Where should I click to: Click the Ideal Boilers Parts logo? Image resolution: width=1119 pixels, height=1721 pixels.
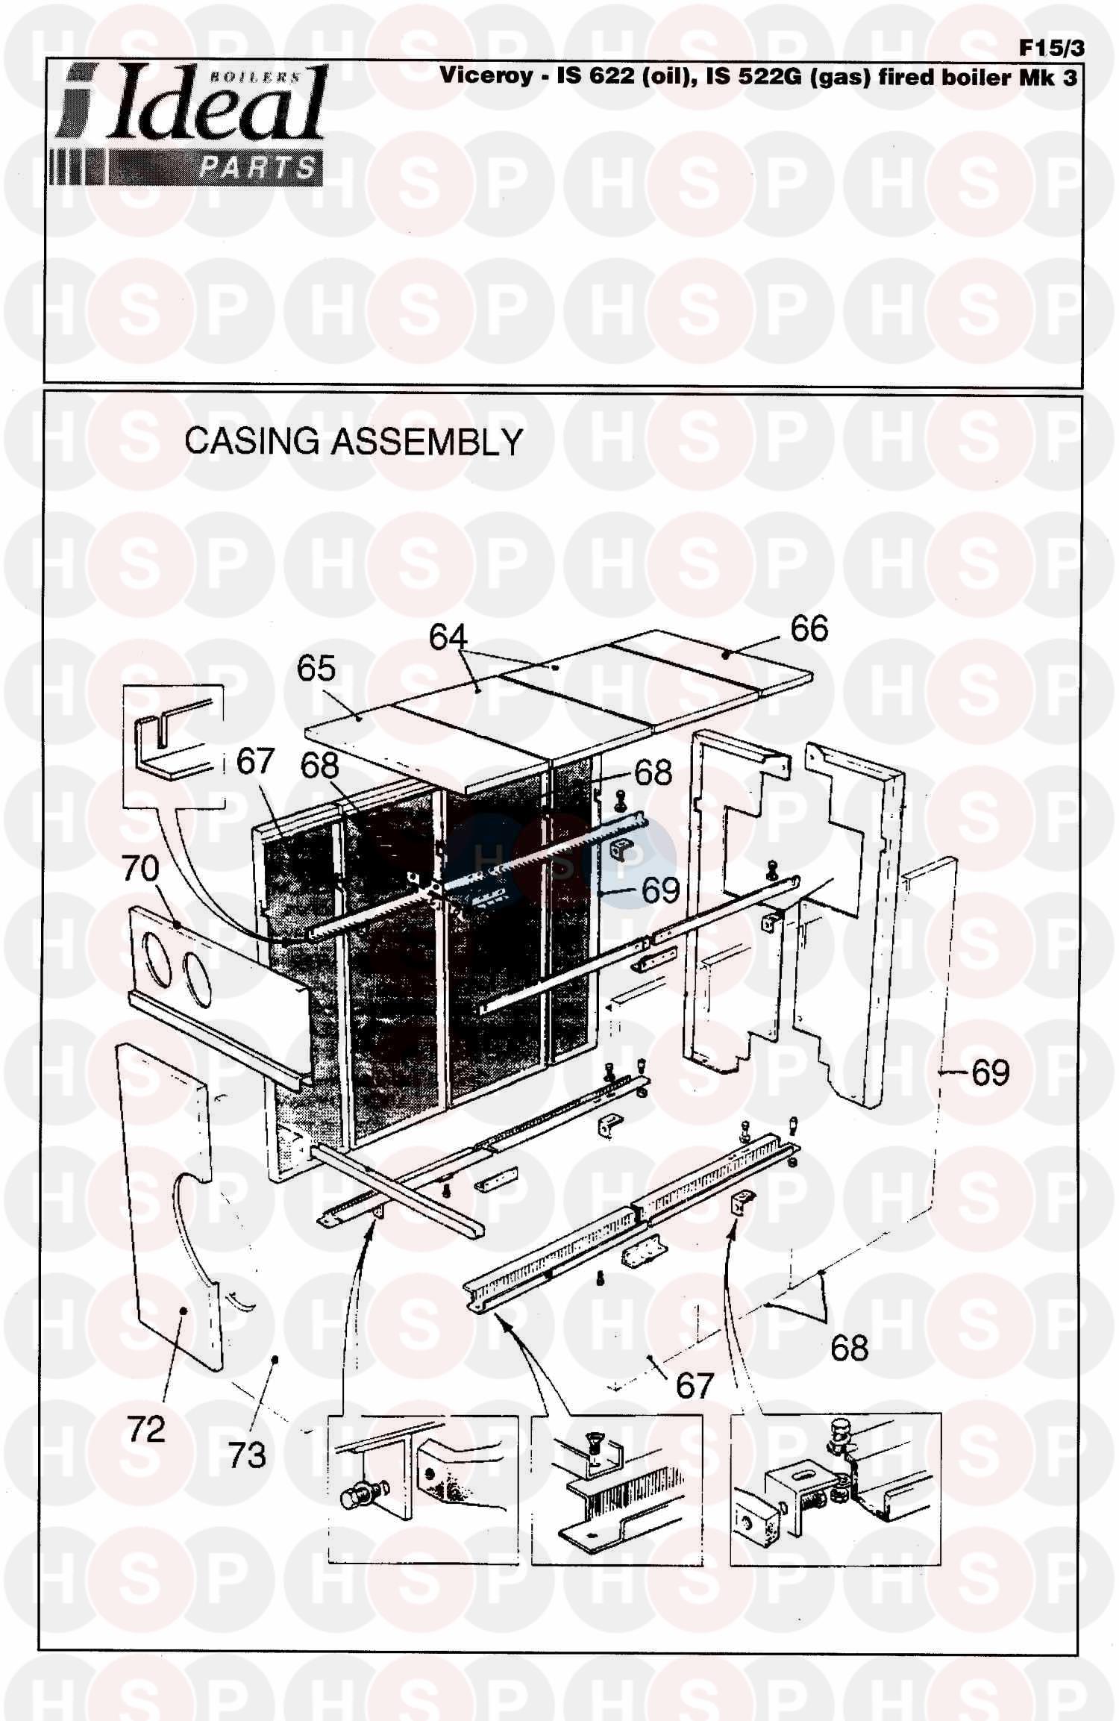pyautogui.click(x=187, y=124)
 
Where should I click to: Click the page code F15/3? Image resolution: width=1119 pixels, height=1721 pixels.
pyautogui.click(x=1052, y=49)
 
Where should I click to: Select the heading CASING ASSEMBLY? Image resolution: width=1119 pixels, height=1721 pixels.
pyautogui.click(x=354, y=441)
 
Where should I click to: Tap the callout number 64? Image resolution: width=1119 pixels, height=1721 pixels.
pyautogui.click(x=448, y=637)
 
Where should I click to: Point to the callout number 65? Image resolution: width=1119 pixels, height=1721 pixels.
pyautogui.click(x=316, y=669)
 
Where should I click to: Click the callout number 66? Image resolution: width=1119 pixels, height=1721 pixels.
pyautogui.click(x=809, y=629)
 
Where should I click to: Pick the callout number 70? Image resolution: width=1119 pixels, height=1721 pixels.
pyautogui.click(x=141, y=869)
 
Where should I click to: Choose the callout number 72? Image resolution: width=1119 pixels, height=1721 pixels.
pyautogui.click(x=146, y=1429)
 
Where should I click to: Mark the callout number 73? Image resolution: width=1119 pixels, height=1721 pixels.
pyautogui.click(x=247, y=1455)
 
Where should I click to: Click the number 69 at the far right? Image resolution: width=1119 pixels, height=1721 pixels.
pyautogui.click(x=991, y=1073)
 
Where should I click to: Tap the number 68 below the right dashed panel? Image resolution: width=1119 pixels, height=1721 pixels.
pyautogui.click(x=850, y=1348)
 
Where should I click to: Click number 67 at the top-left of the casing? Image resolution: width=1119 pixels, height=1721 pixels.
pyautogui.click(x=256, y=762)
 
